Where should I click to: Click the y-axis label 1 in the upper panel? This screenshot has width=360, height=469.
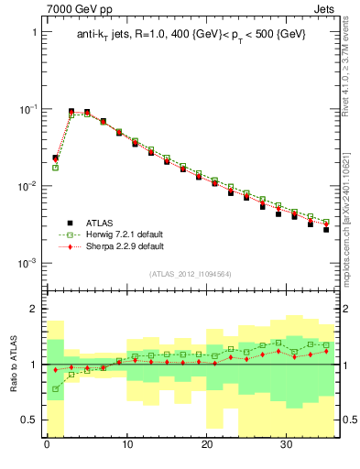(x=35, y=32)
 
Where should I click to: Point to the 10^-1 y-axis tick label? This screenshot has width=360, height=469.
(x=29, y=109)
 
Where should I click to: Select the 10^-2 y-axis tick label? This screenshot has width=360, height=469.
(x=29, y=186)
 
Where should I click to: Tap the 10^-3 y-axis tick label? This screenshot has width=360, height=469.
(x=29, y=263)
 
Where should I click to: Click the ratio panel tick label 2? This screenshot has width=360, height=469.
(x=35, y=310)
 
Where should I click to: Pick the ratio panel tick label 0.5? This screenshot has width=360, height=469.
(x=30, y=420)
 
